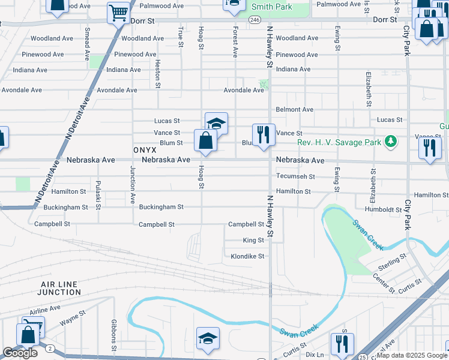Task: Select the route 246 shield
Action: click(255, 20)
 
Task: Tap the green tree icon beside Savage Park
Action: click(391, 141)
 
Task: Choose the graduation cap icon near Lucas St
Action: click(216, 124)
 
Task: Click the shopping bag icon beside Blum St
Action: click(205, 141)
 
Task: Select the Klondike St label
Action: click(247, 256)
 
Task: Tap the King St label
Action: click(253, 241)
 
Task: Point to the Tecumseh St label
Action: click(295, 176)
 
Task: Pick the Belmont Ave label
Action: click(294, 110)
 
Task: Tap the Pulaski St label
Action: click(98, 191)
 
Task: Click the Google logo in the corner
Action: click(20, 353)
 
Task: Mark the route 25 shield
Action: click(363, 357)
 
